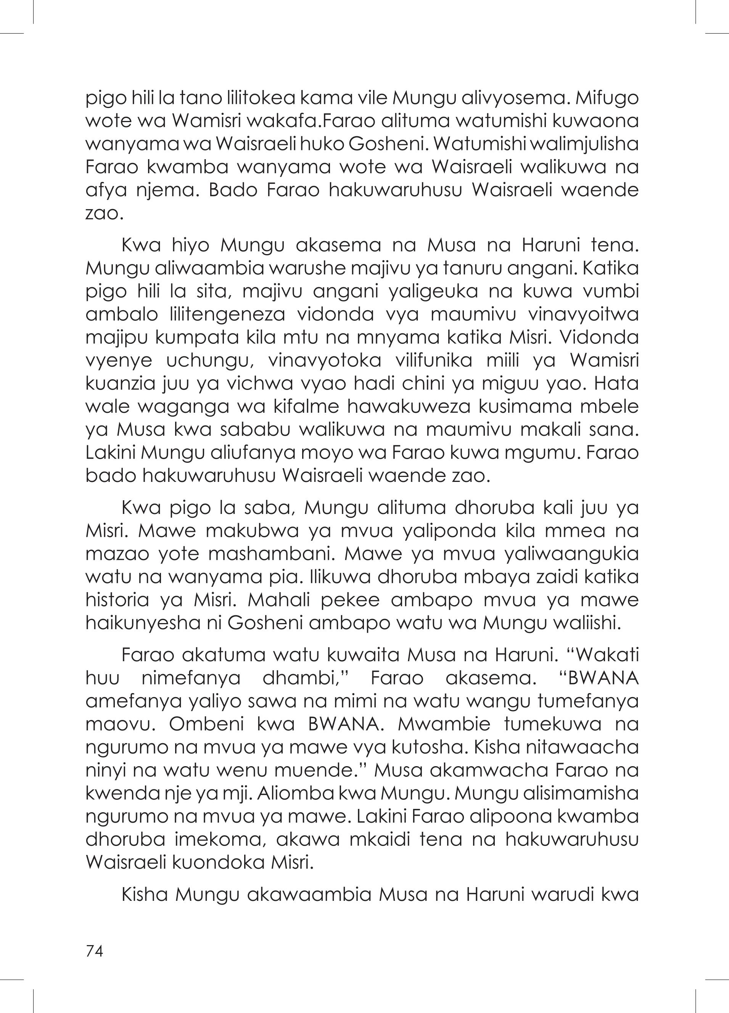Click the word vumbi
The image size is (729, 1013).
[610, 291]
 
